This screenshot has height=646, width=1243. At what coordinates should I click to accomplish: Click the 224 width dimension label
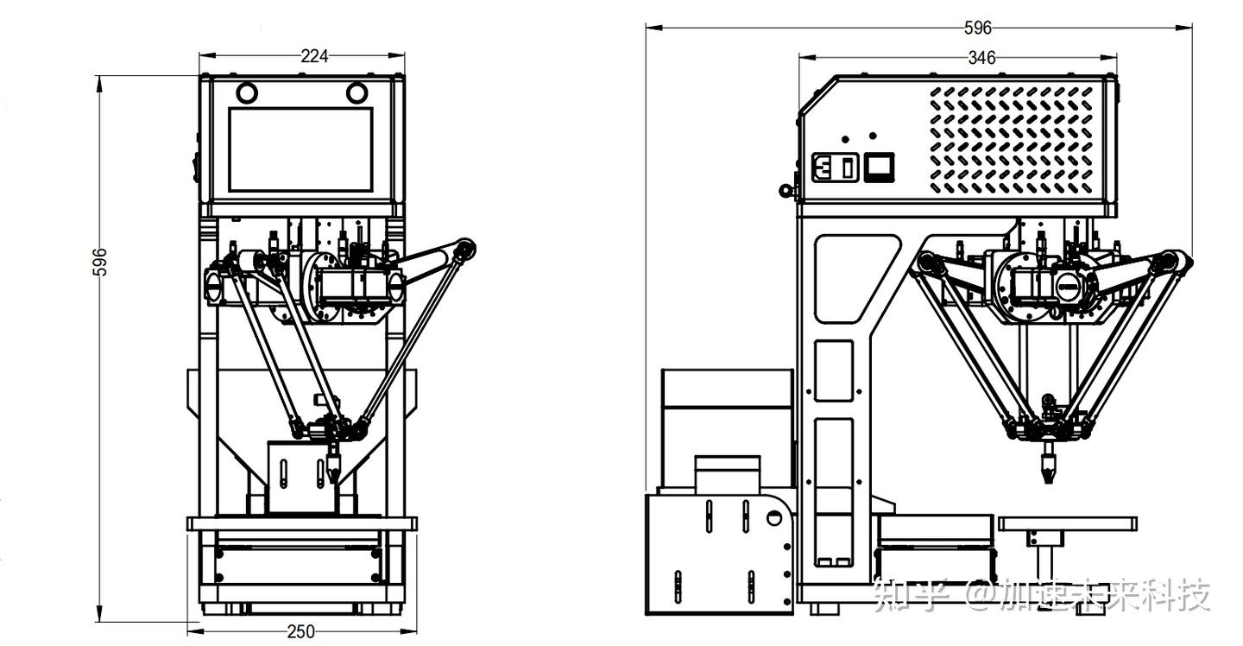[314, 56]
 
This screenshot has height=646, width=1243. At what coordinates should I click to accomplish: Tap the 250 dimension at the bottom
[300, 631]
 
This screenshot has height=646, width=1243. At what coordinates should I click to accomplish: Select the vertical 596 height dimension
[100, 262]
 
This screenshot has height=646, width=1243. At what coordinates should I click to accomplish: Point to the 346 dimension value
[981, 58]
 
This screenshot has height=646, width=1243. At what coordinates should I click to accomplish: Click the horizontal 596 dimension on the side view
[978, 28]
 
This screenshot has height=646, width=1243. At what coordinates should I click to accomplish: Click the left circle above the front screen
[247, 92]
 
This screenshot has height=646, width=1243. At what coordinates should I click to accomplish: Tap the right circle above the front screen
[356, 92]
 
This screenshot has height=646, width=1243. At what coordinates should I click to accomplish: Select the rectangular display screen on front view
[300, 150]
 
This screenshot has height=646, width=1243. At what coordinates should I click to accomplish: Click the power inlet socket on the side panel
[825, 167]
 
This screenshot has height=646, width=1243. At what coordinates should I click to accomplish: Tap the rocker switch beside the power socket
[848, 168]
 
